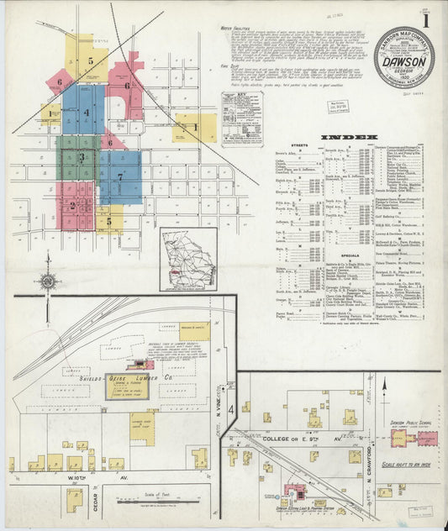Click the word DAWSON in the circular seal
pos(403,60)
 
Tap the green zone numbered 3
pos(82,156)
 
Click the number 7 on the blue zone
pos(120,177)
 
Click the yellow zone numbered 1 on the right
pos(195,128)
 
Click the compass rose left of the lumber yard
pos(49,280)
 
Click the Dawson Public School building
pos(428,439)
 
